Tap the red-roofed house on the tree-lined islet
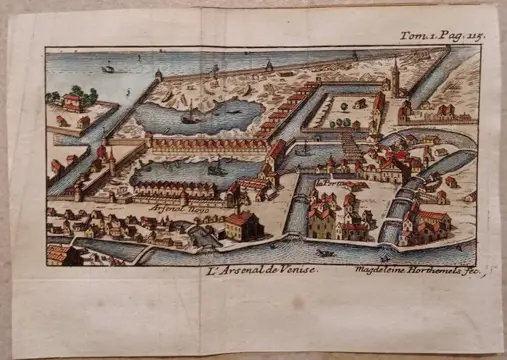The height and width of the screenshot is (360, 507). tap(72, 100)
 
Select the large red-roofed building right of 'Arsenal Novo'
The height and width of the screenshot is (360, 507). tap(240, 222)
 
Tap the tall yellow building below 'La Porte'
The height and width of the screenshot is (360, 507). tap(323, 219)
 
